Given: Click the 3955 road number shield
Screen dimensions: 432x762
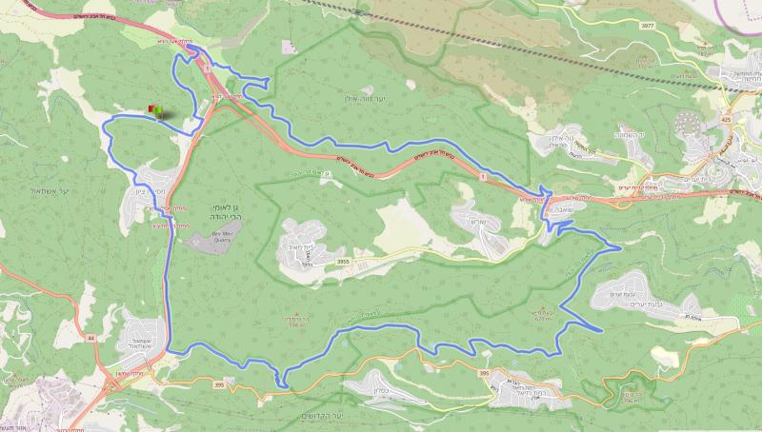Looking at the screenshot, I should (x=343, y=258).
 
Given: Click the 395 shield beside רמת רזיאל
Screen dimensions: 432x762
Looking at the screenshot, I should (x=484, y=375).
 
